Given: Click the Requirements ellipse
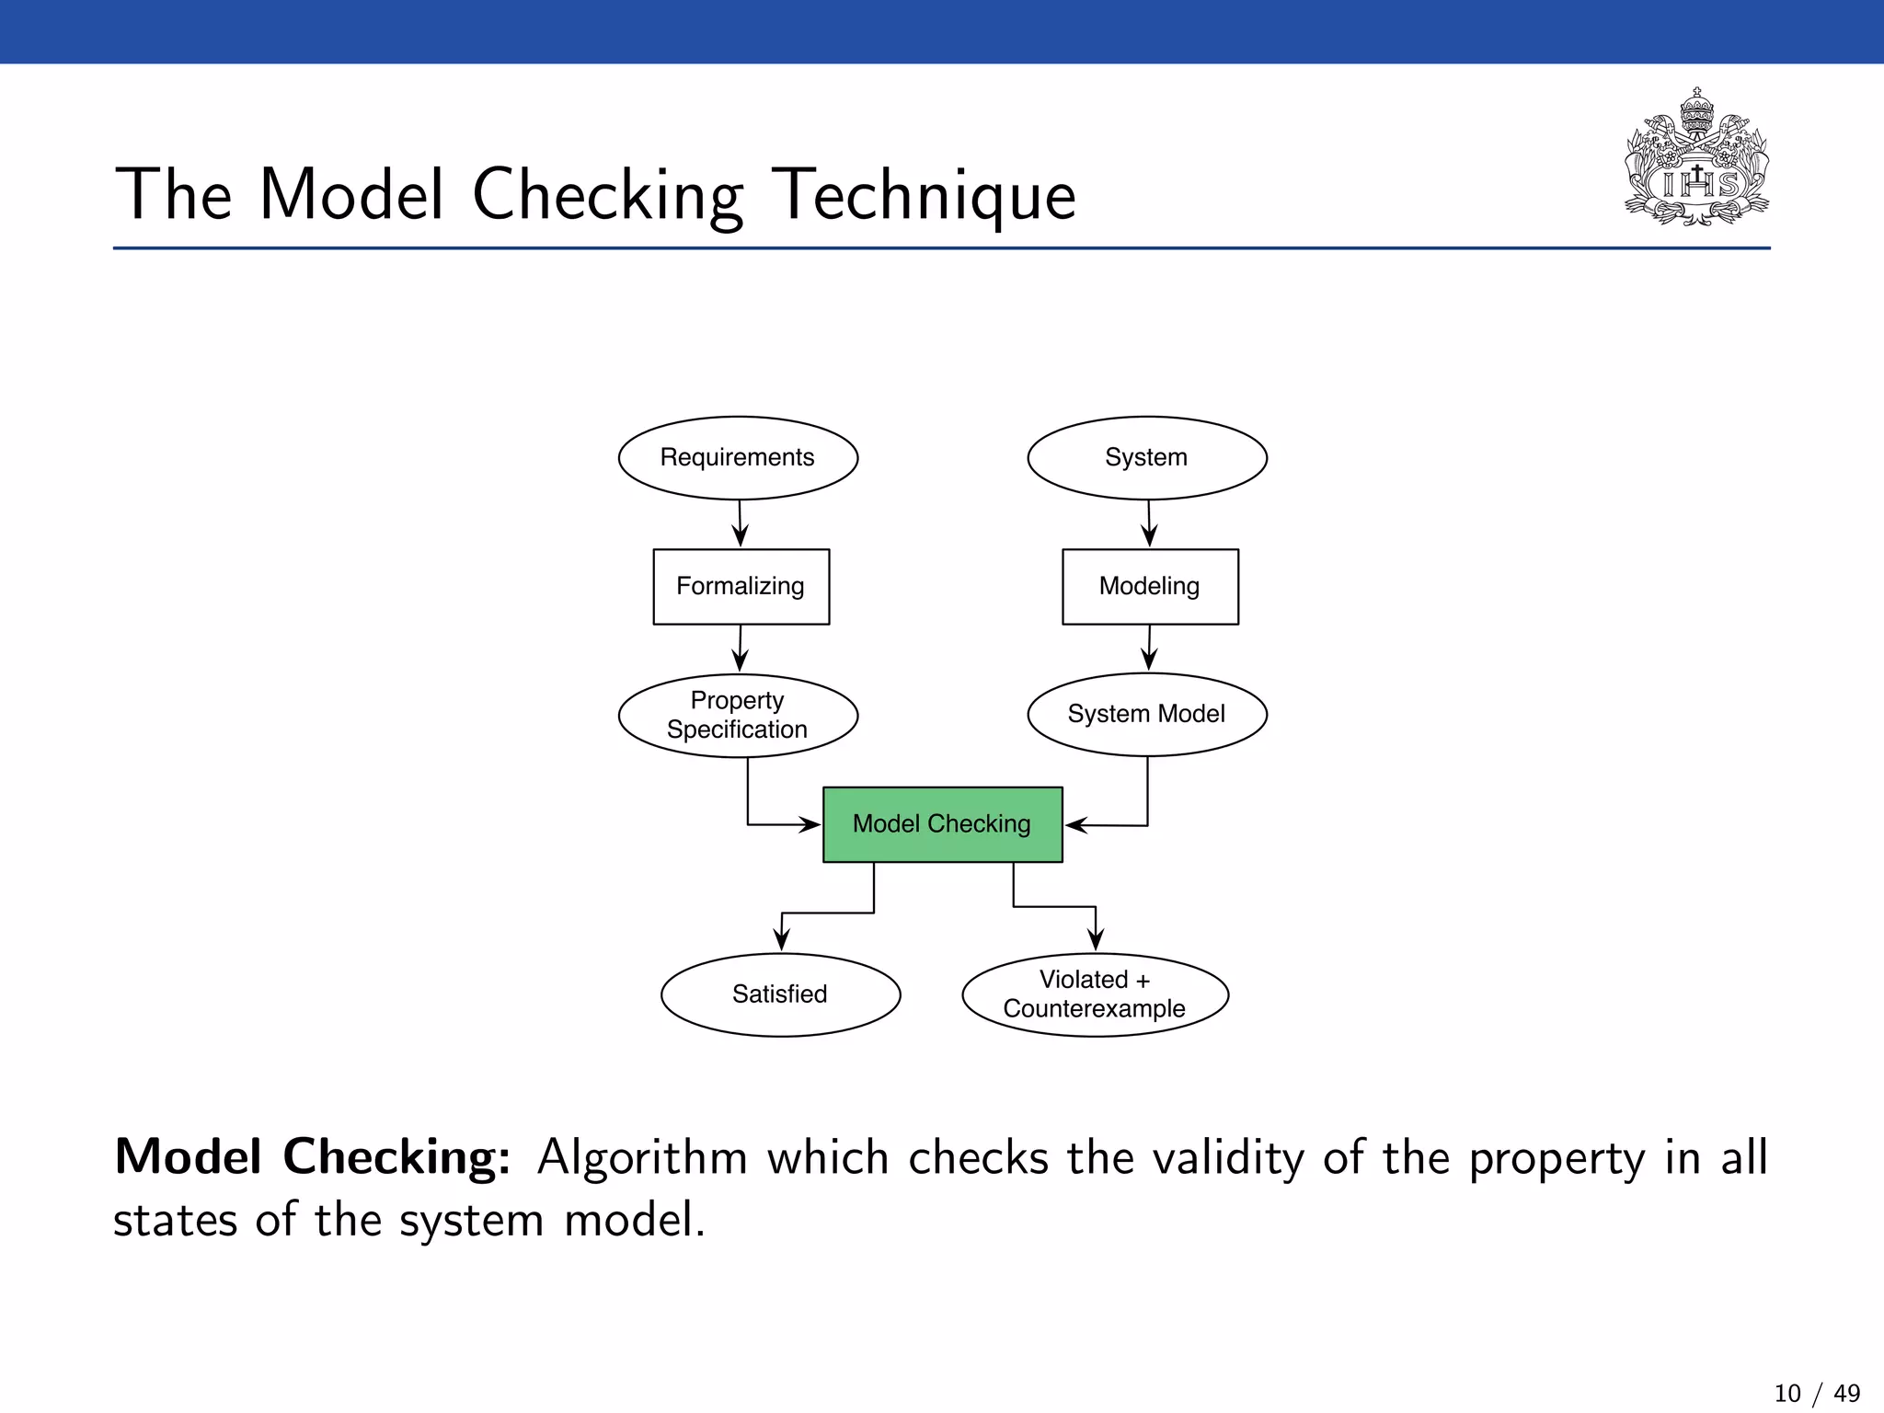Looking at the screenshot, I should [x=738, y=457].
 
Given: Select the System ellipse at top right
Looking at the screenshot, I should [x=1146, y=457].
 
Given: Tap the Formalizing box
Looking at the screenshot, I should [x=741, y=586].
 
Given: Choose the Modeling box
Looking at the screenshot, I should [x=1150, y=586].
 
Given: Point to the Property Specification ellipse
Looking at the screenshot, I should [x=738, y=715].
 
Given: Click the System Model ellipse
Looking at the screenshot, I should [x=1146, y=714].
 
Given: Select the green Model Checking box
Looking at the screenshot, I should [x=942, y=823].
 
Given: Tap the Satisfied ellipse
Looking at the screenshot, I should [x=780, y=994].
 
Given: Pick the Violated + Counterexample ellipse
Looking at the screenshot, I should [x=1095, y=994].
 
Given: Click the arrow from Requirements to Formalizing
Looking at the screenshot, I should [x=740, y=523].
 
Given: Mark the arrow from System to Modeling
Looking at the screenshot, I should [x=1149, y=523].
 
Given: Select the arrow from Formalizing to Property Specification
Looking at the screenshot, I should [x=740, y=649].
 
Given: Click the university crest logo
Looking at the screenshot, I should [x=1696, y=158].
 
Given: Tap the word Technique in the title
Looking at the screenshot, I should [x=923, y=195].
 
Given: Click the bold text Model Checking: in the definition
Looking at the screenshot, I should [x=312, y=1156].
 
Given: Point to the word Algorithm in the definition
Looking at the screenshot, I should [x=642, y=1158].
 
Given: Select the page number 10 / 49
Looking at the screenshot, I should [x=1816, y=1393].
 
